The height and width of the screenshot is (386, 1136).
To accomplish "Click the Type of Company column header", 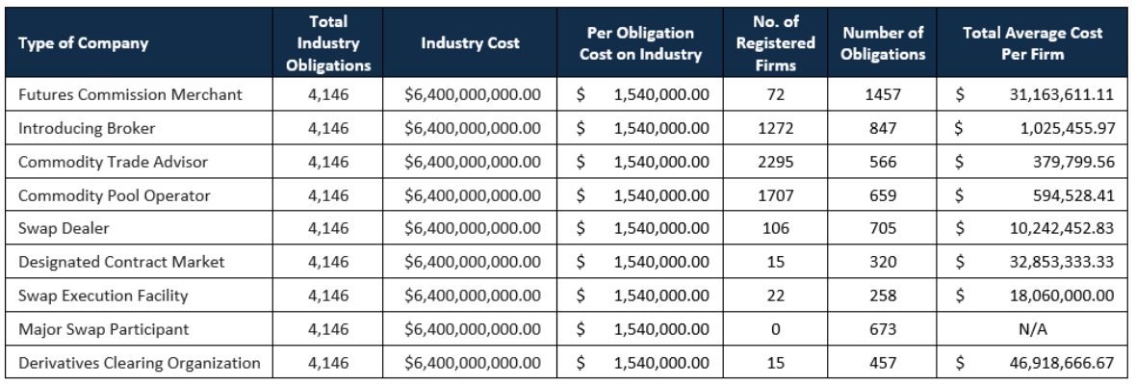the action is point(84,43).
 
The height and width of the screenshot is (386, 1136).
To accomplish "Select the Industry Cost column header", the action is point(470,43).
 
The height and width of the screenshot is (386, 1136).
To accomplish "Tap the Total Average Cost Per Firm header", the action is point(1032,43).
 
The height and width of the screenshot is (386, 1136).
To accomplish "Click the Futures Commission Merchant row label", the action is point(130,95).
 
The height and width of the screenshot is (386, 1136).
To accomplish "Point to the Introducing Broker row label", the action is point(87,129).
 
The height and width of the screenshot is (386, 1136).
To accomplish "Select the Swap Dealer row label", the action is point(63,229).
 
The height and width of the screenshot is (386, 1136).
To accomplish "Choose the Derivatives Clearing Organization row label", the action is point(139,363).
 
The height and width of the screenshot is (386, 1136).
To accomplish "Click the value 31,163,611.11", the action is point(1061,95).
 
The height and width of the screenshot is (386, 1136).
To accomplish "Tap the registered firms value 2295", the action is point(775,163).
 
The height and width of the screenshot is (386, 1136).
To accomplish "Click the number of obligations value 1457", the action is point(883,95).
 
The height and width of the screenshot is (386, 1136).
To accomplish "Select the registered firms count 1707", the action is point(775,195).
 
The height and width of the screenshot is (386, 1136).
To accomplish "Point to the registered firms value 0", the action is point(775,329).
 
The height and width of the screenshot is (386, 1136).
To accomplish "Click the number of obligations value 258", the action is point(883,296).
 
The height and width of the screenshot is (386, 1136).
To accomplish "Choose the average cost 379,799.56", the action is point(1073,163).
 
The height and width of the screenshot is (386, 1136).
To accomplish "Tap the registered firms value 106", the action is point(775,229).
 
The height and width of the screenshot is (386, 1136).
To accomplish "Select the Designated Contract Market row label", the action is point(121,262).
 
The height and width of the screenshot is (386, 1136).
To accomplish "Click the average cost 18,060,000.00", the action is point(1061,296).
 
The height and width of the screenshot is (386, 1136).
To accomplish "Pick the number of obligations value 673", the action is point(883,329).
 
